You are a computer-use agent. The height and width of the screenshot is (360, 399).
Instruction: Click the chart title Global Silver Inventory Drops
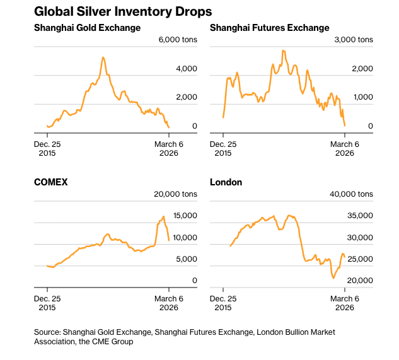tap(123, 11)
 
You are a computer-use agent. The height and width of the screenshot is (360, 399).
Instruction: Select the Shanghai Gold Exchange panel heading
tap(87, 28)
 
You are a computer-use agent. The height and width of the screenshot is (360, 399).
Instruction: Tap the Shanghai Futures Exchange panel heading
tap(269, 28)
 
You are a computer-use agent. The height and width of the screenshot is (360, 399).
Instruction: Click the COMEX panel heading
tap(50, 182)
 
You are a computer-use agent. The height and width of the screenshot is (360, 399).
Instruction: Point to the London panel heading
tap(226, 182)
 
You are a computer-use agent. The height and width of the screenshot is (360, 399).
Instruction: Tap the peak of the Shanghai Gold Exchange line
tap(103, 57)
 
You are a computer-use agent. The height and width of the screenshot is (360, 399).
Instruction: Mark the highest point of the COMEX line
tap(164, 217)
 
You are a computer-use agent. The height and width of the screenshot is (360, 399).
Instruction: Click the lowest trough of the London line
tap(333, 278)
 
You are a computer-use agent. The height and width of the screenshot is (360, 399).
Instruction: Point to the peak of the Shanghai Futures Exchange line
tap(283, 50)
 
